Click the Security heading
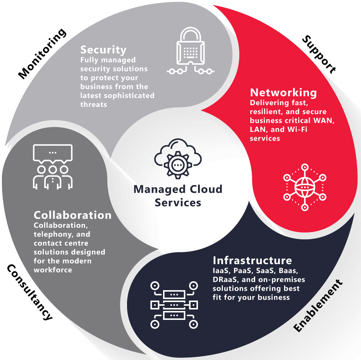(103, 50)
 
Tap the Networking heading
(283, 93)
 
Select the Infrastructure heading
(252, 260)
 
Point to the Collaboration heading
(72, 215)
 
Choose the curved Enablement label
(318, 305)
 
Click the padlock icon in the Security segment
(191, 51)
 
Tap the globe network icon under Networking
(305, 187)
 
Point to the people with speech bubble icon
(53, 167)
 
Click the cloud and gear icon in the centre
(178, 159)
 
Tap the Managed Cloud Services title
(178, 196)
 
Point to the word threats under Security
(94, 104)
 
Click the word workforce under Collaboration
(53, 270)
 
